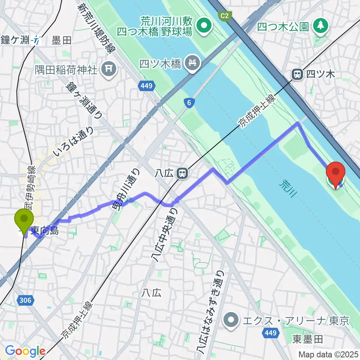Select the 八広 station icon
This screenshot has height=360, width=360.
tap(182, 173)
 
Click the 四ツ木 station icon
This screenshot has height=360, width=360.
tap(297, 74)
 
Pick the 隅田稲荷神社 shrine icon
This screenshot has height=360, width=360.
tap(109, 69)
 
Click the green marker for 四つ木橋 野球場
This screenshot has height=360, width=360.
tap(205, 26)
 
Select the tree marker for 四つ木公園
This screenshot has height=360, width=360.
tap(321, 26)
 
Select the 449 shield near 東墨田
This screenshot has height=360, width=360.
tap(271, 333)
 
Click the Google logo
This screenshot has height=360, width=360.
tap(25, 351)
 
